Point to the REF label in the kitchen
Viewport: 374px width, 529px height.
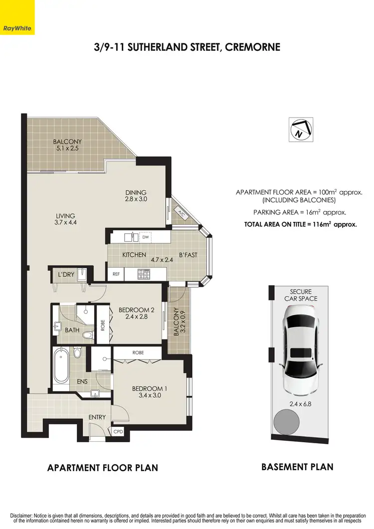(x=116, y=274)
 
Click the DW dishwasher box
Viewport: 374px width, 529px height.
(x=146, y=237)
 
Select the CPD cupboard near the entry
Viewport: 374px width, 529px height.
(x=118, y=432)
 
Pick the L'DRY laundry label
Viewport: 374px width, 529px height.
(x=66, y=275)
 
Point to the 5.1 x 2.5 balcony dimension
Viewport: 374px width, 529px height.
(x=67, y=148)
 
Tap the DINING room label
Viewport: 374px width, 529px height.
(x=136, y=192)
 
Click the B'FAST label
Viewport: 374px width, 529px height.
(x=188, y=255)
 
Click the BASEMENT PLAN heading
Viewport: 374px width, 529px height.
(x=297, y=467)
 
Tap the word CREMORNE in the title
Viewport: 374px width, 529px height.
(x=252, y=47)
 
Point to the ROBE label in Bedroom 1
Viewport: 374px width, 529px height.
(x=138, y=352)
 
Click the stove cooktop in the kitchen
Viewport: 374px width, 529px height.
(x=144, y=274)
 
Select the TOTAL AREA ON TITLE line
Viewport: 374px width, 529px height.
(x=300, y=224)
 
